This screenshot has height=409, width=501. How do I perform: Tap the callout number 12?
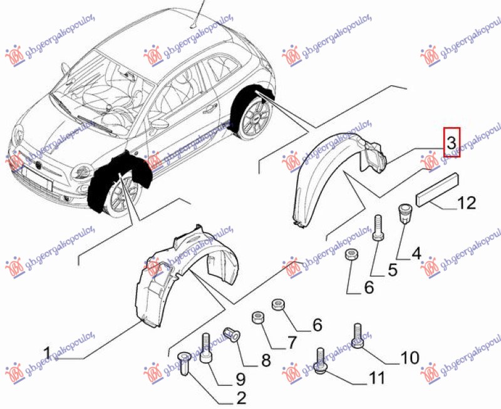pyautogui.click(x=466, y=203)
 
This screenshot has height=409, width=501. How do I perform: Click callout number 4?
pyautogui.click(x=415, y=254)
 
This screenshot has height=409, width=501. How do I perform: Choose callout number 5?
pyautogui.click(x=391, y=270)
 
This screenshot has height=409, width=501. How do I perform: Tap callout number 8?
pyautogui.click(x=266, y=360)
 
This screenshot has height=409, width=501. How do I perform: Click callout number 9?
pyautogui.click(x=240, y=378)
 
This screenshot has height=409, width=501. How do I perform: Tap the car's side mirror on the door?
pyautogui.click(x=161, y=123)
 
